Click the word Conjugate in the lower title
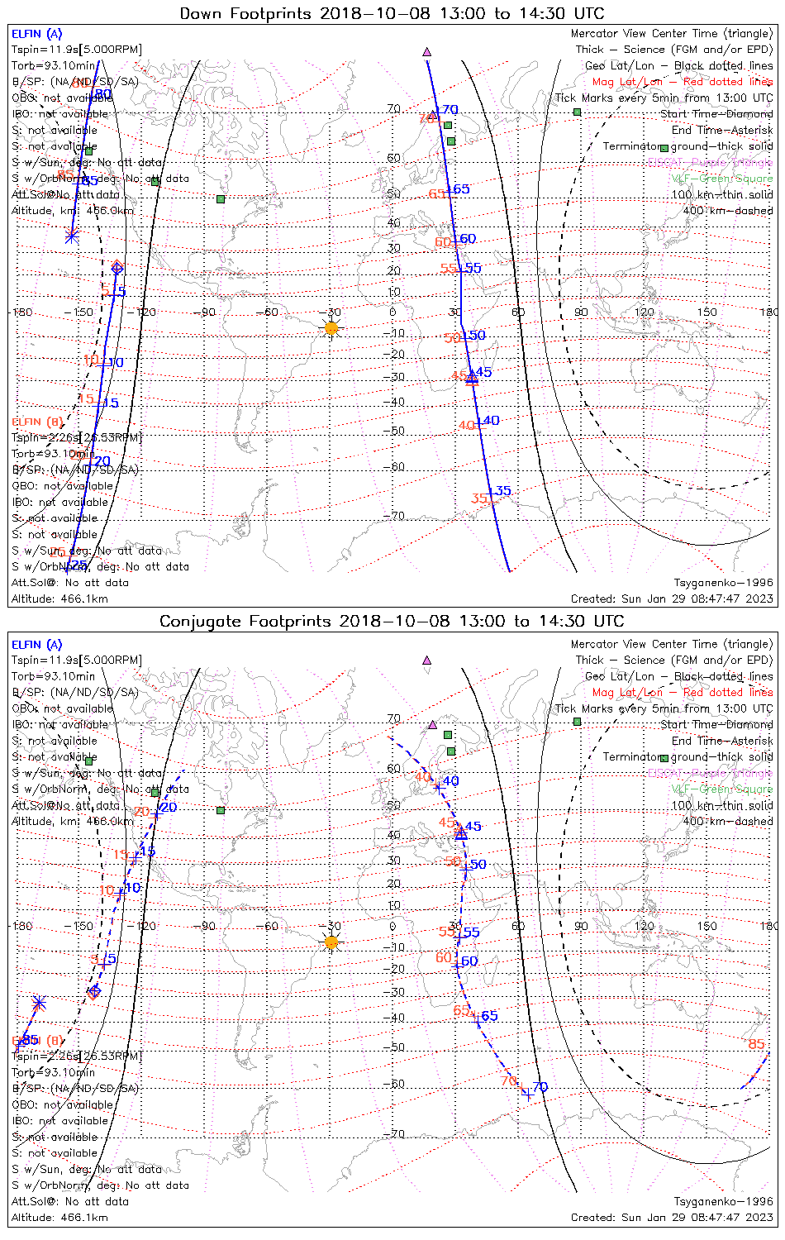coord(198,621)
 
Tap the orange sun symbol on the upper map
coord(331,328)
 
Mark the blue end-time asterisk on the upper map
coord(72,236)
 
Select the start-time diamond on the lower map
coord(94,990)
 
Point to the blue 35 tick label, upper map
coord(502,491)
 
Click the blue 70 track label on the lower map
coord(540,1086)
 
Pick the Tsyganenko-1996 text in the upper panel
coord(723,583)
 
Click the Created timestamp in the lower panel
coord(671,1217)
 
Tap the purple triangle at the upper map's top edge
coord(427,51)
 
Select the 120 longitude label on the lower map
coord(644,926)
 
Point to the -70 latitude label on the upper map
coord(397,516)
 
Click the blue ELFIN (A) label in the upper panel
coord(36,34)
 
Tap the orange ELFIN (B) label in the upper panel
coord(36,422)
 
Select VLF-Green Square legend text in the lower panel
coord(721,789)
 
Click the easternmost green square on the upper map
coord(577,112)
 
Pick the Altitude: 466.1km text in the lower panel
coord(59,1217)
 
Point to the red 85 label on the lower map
coord(756,1044)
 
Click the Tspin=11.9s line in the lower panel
coord(76,661)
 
